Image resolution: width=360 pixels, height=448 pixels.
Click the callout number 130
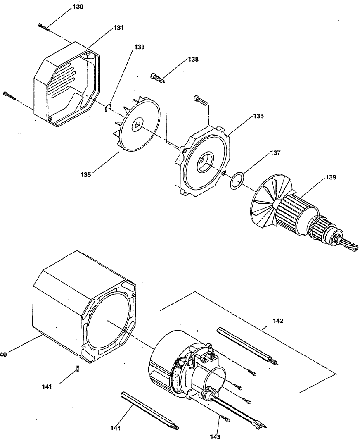point(78,7)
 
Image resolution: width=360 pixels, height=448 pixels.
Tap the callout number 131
point(118,28)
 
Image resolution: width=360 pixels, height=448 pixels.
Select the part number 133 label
point(139,47)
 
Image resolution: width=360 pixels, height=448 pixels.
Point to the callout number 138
point(193,60)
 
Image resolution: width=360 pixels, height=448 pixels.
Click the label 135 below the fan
point(85,175)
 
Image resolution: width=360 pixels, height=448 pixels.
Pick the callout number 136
point(258,116)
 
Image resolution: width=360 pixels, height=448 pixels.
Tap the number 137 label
point(275,153)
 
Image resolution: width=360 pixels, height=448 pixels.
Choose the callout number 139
point(331,177)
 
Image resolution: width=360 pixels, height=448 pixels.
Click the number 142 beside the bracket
point(278,321)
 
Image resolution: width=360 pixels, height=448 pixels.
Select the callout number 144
point(116,428)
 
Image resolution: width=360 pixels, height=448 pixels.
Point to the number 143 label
point(215,437)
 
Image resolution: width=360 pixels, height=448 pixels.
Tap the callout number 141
point(47,387)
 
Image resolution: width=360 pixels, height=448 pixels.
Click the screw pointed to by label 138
point(157,77)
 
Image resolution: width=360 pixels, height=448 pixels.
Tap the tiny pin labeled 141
point(77,369)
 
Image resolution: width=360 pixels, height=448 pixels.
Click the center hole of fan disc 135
point(137,125)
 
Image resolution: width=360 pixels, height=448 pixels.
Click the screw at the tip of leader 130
point(44,26)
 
